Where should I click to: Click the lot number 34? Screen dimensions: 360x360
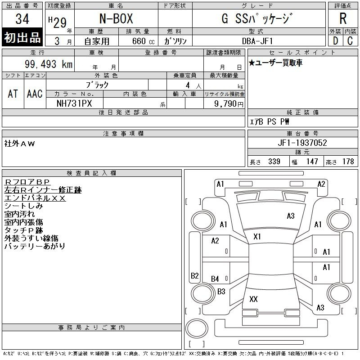click(22, 19)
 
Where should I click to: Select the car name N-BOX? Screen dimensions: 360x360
click(116, 18)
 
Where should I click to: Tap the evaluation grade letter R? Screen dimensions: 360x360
click(343, 18)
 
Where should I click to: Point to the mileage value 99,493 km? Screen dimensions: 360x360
click(49, 64)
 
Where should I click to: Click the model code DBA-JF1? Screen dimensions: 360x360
click(257, 41)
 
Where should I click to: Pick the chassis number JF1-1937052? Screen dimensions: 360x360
click(302, 143)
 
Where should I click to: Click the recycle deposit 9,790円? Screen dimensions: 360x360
click(229, 104)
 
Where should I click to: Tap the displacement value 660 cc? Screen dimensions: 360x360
click(143, 41)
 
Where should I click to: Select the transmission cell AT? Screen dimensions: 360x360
click(13, 94)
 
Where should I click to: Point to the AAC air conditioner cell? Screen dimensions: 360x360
click(35, 94)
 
